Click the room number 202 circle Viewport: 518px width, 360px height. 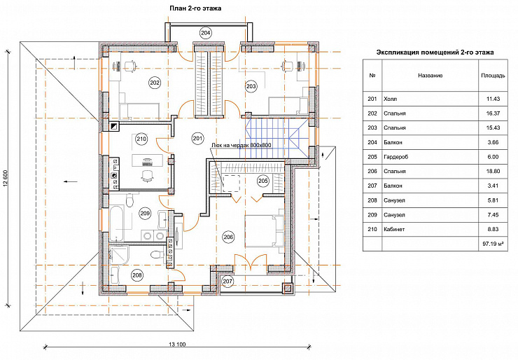pos(155,83)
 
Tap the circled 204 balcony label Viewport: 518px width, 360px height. pos(206,33)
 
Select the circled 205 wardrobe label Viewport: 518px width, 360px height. pos(263,181)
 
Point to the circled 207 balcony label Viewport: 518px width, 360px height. pos(227,282)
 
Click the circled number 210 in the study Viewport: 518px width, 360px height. pos(141,139)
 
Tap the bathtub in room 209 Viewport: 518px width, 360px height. pos(117,223)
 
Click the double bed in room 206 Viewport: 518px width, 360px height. pos(265,230)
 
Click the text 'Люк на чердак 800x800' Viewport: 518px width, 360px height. pos(241,146)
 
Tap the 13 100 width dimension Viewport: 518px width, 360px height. pos(177,344)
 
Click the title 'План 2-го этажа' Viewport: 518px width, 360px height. pos(195,8)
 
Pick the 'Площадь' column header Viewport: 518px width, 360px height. pos(493,76)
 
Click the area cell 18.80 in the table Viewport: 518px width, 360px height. pos(493,171)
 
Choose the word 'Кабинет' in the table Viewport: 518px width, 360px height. pos(394,229)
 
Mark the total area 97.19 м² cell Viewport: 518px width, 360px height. pos(493,244)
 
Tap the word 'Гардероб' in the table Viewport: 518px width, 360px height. pos(395,157)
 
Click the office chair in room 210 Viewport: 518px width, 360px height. pos(147,175)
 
